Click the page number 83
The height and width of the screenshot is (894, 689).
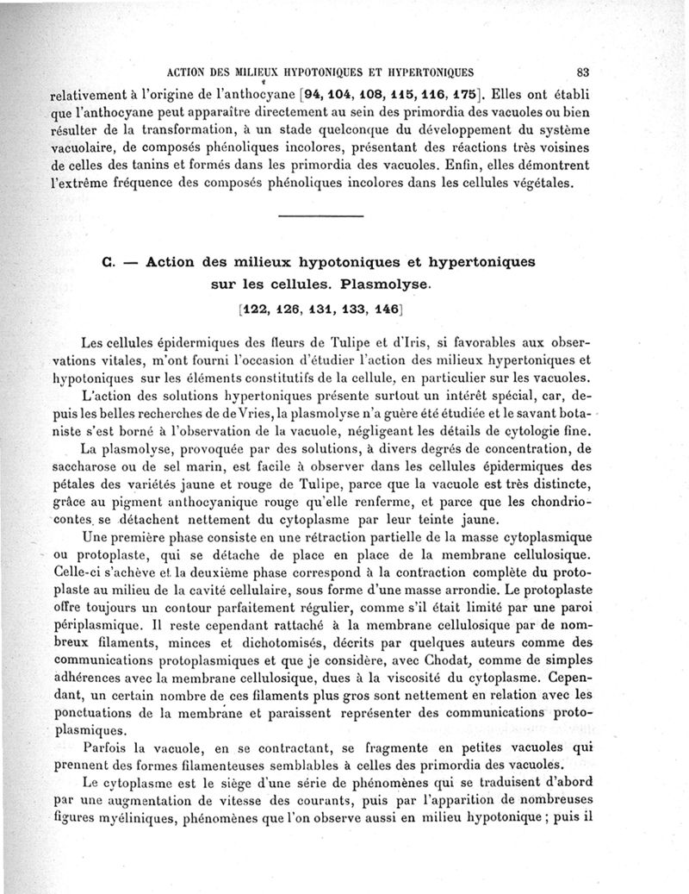[x=582, y=72]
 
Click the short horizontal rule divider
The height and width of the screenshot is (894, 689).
[x=321, y=215]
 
